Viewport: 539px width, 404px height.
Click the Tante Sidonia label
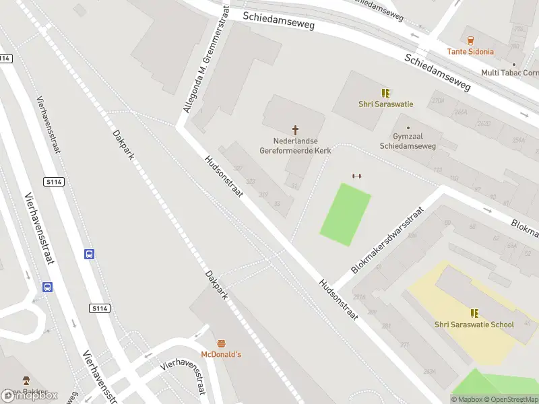click(470, 51)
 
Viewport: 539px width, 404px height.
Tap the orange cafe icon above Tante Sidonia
click(470, 40)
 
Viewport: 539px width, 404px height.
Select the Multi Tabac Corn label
click(509, 73)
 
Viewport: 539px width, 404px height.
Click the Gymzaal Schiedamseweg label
click(408, 141)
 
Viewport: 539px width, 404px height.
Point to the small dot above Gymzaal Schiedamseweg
click(408, 127)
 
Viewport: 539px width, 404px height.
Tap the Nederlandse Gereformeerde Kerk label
click(294, 146)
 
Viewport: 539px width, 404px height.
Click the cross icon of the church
click(294, 129)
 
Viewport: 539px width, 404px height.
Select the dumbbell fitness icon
click(357, 176)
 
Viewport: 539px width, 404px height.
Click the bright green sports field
click(346, 214)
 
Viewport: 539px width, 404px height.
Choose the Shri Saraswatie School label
click(474, 325)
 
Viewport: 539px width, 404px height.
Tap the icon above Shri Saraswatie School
click(474, 313)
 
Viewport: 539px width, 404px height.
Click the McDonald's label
click(221, 354)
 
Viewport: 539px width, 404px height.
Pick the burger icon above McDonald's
click(221, 343)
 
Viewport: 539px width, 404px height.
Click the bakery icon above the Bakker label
click(26, 380)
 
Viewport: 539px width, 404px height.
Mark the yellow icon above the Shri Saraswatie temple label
click(385, 93)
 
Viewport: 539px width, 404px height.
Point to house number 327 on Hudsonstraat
click(237, 168)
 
